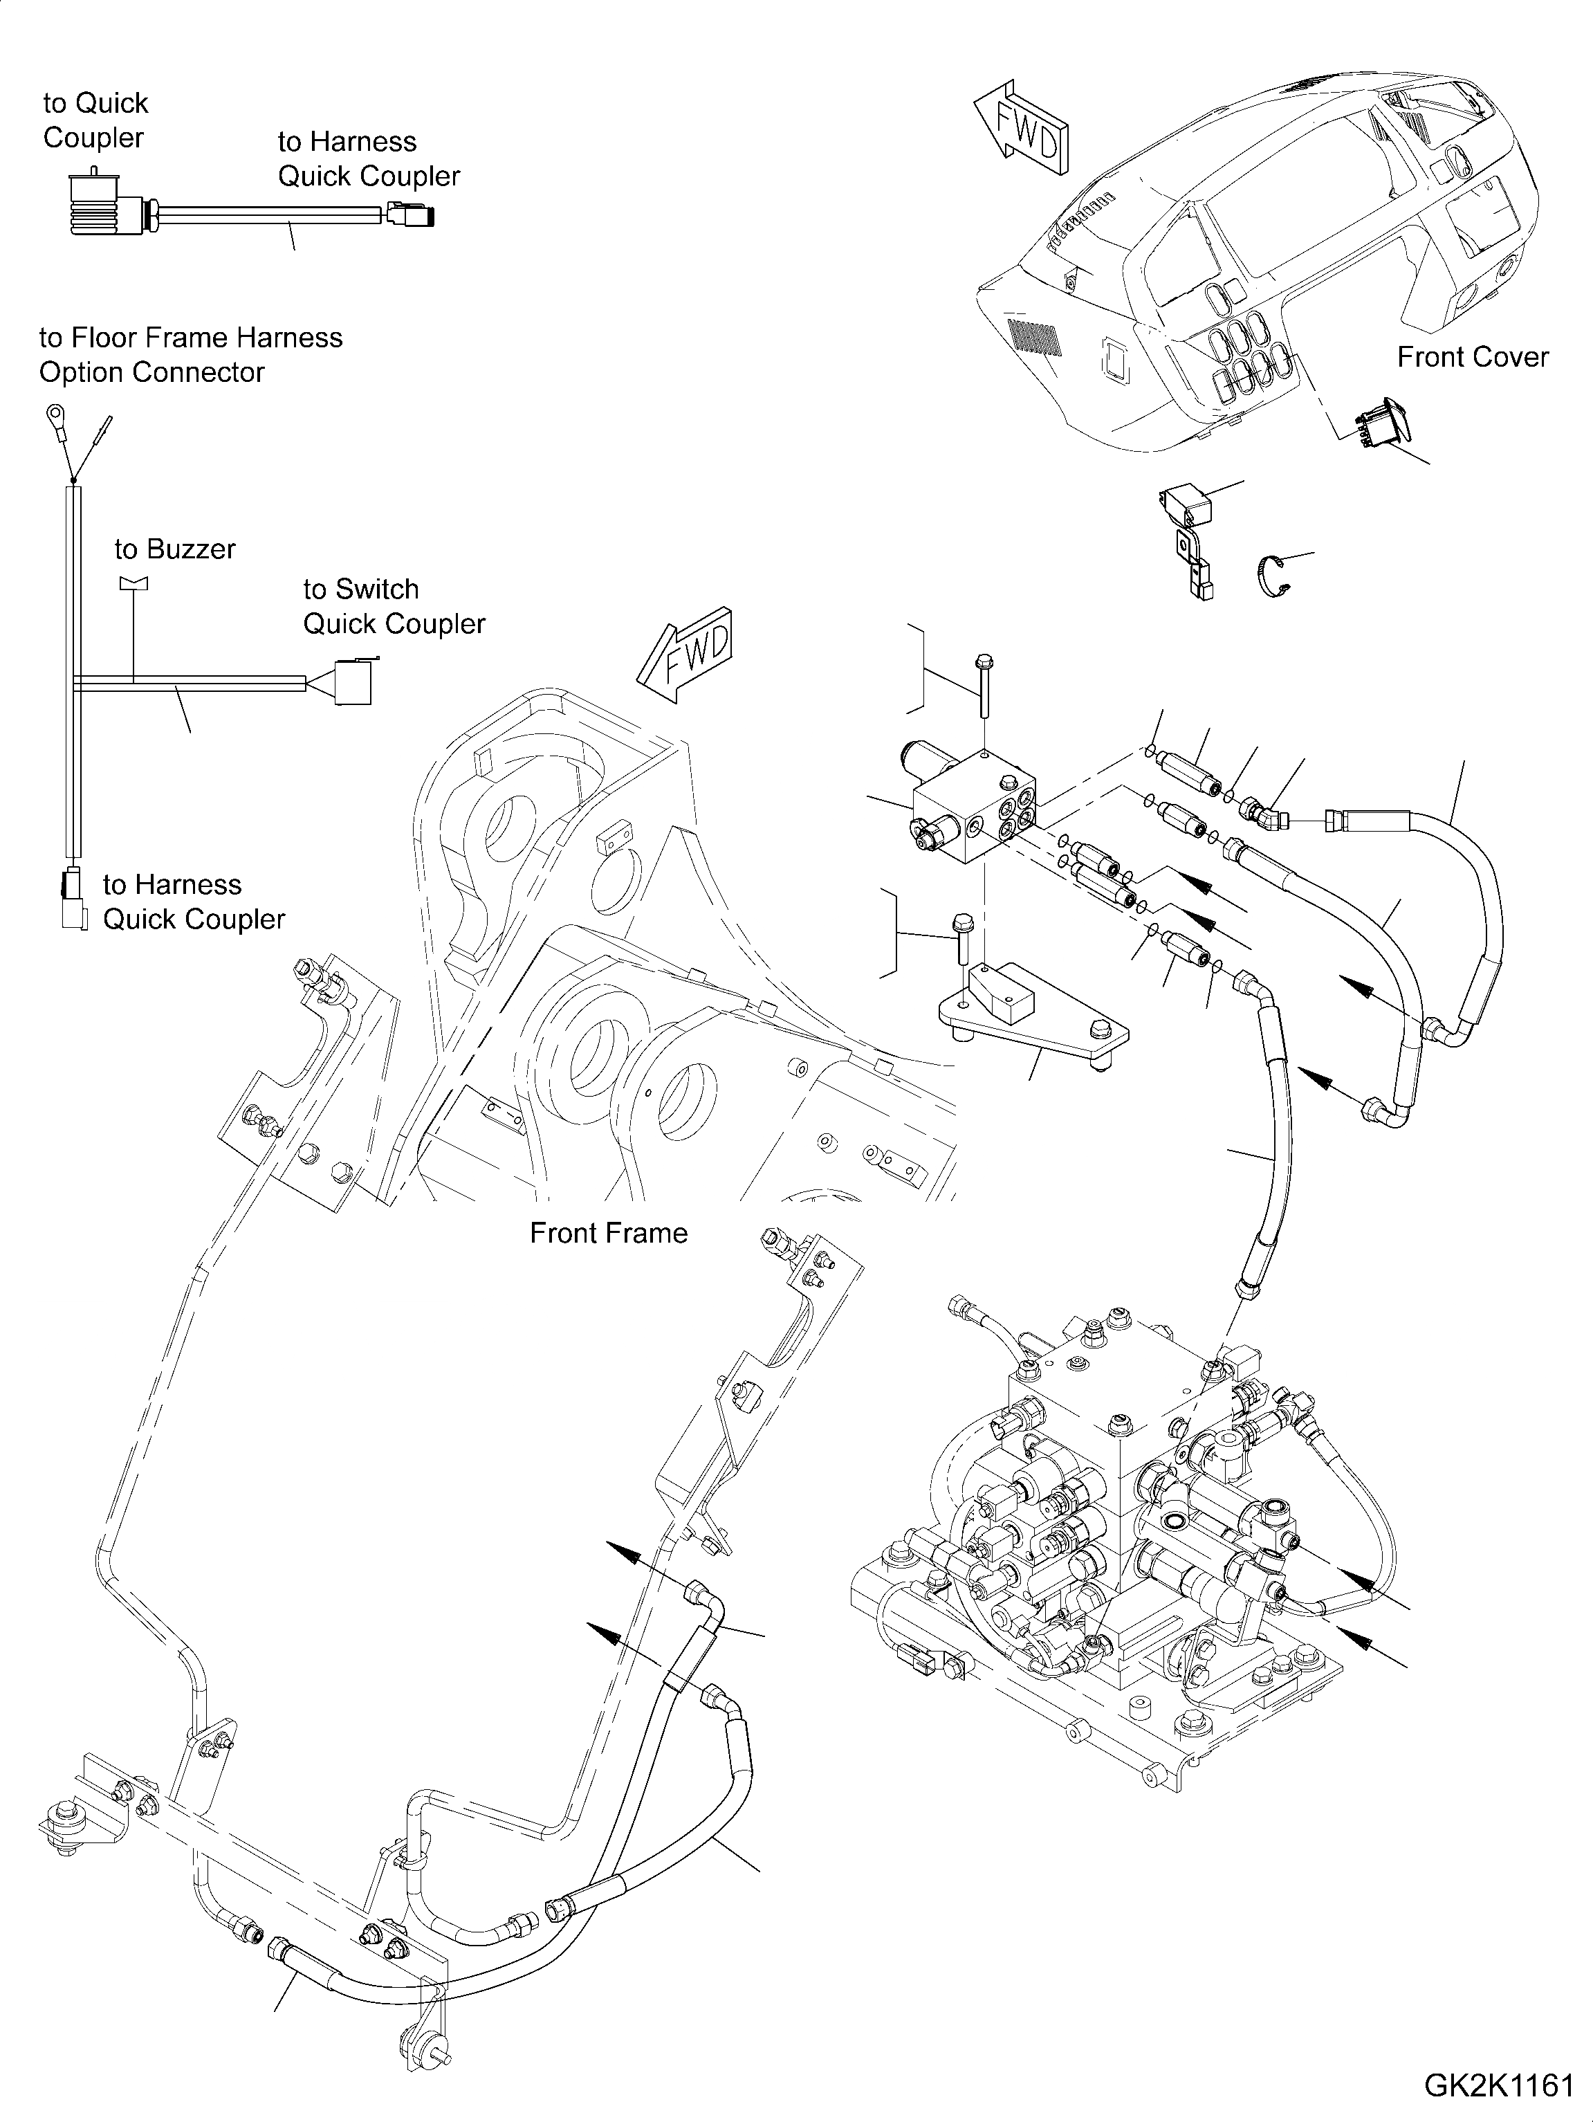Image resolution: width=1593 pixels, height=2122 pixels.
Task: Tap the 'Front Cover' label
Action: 1472,357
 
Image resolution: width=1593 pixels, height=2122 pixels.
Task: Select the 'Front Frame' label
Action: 608,1233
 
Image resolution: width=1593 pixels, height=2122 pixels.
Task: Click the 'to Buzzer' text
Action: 174,549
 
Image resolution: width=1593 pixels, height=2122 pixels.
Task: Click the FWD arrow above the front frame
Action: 685,655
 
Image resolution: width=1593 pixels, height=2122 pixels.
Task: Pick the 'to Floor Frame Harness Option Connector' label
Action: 190,355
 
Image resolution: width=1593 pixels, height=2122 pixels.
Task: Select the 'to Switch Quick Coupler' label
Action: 393,606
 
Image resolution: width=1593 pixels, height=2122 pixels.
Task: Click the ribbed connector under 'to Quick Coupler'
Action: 92,203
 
